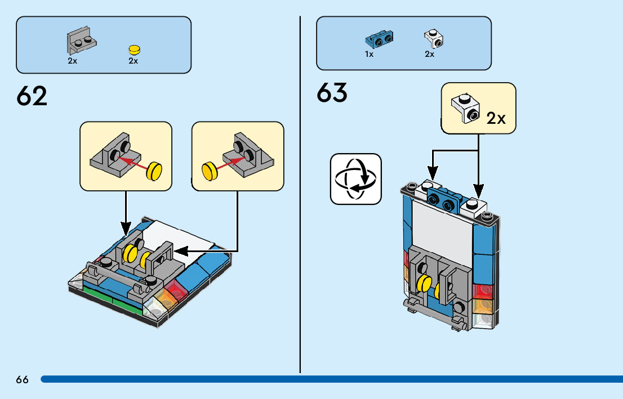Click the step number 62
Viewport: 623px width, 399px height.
point(32,96)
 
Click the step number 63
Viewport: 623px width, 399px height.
point(332,93)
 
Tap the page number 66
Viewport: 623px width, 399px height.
point(22,379)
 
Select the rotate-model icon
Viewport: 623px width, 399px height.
point(355,178)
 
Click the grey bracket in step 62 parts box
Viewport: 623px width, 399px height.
point(80,41)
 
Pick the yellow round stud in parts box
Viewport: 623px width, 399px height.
point(133,49)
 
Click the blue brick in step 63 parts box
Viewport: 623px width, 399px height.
point(379,39)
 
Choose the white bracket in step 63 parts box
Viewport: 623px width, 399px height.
point(433,39)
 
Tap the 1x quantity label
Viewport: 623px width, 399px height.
point(369,55)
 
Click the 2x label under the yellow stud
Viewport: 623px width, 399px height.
point(133,61)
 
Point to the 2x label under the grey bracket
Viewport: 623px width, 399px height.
point(73,61)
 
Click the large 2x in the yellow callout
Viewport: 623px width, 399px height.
point(496,118)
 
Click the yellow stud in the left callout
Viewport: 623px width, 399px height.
point(153,171)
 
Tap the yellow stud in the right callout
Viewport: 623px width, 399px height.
point(210,169)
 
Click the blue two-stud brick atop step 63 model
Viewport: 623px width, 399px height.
point(444,200)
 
